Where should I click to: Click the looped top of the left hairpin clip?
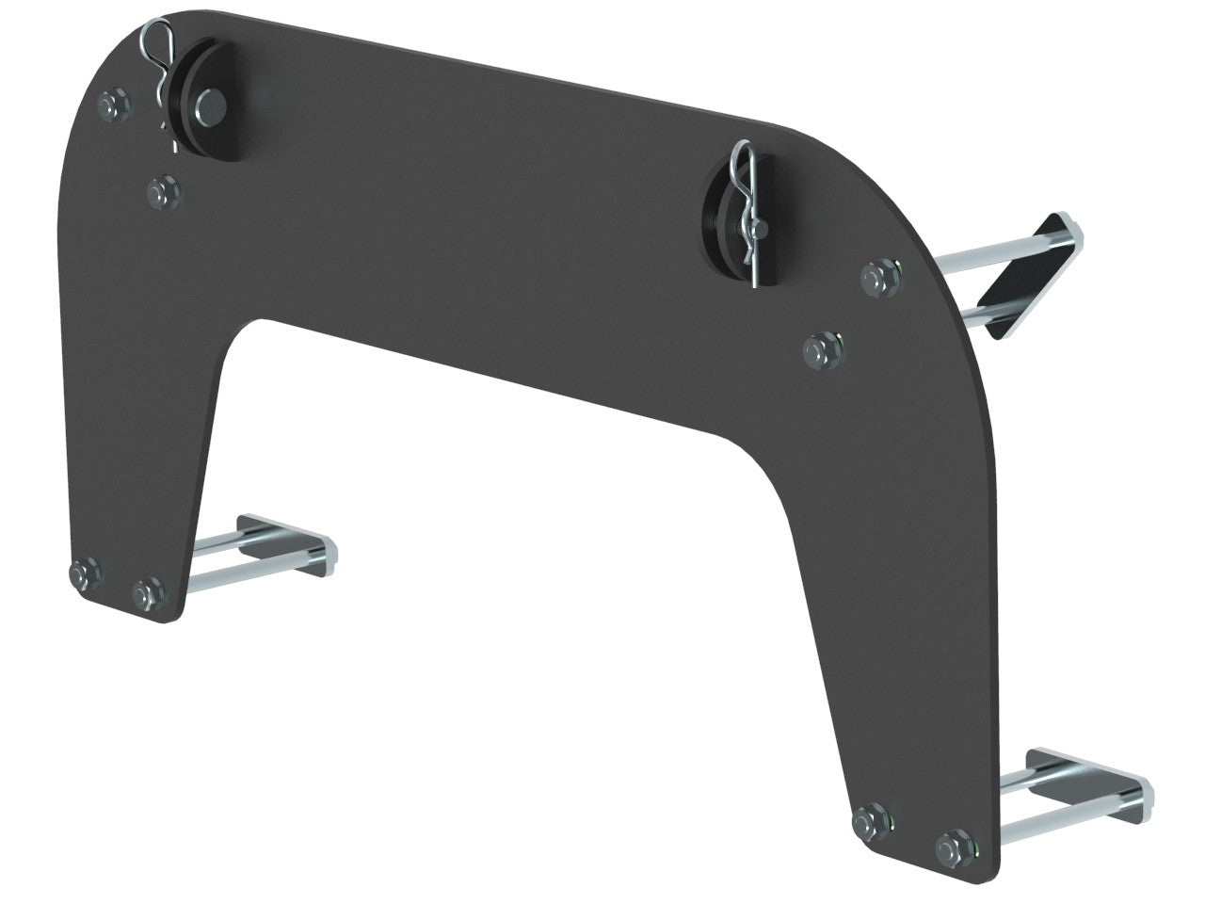pyautogui.click(x=161, y=40)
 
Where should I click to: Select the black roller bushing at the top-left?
pyautogui.click(x=209, y=97)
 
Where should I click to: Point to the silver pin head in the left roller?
pyautogui.click(x=215, y=97)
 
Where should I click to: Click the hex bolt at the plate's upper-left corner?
pyautogui.click(x=107, y=103)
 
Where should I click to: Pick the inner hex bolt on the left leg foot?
pyautogui.click(x=146, y=593)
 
